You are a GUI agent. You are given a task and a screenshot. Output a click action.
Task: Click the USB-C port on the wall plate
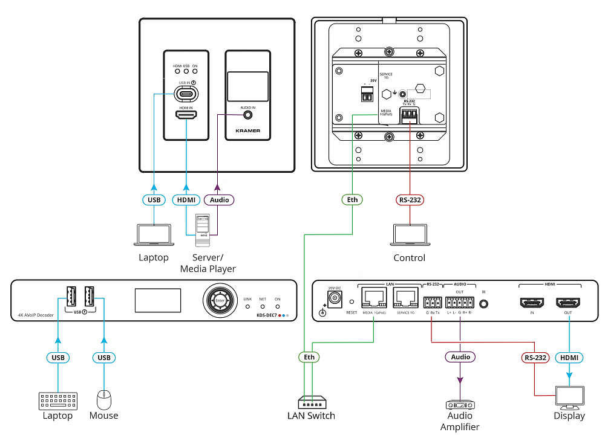point(186,94)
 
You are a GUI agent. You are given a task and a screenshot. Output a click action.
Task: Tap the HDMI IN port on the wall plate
point(186,115)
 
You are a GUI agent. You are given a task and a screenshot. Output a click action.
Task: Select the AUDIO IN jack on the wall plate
point(247,115)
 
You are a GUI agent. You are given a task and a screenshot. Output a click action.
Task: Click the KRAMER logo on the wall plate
point(247,129)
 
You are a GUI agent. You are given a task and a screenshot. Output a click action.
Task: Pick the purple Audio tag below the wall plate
point(219,199)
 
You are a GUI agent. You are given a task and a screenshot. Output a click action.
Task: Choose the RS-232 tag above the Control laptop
point(410,199)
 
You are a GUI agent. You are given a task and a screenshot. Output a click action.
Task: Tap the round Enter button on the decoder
point(220,300)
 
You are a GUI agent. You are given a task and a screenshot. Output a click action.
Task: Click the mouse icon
point(104,399)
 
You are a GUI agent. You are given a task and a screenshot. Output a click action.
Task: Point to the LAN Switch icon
point(311,402)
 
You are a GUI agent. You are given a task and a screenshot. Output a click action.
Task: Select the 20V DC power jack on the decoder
point(333,299)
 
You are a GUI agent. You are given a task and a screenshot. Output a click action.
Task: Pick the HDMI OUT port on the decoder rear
point(569,303)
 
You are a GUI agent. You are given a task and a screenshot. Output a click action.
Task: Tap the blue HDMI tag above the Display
point(569,358)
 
